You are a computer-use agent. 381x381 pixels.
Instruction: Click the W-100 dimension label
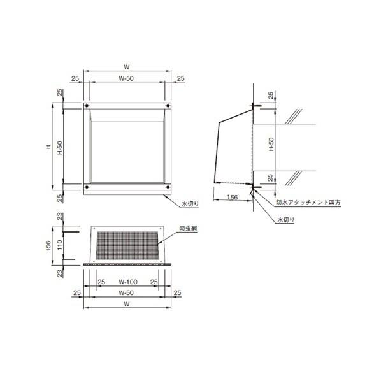point(128,282)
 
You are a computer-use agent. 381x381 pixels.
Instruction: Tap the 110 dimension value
point(60,245)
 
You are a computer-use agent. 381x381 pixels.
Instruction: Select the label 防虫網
point(188,228)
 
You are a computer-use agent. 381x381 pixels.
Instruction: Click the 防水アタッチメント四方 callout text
point(308,203)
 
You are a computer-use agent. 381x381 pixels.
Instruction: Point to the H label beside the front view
point(49,147)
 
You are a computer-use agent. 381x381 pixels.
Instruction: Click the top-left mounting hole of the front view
point(87,106)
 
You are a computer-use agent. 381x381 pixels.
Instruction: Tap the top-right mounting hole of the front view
point(168,106)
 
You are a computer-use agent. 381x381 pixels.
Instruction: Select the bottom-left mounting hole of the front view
point(87,187)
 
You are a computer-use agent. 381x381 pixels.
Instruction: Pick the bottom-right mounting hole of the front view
point(168,187)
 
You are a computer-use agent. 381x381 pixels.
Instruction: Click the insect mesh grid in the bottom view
point(127,245)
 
